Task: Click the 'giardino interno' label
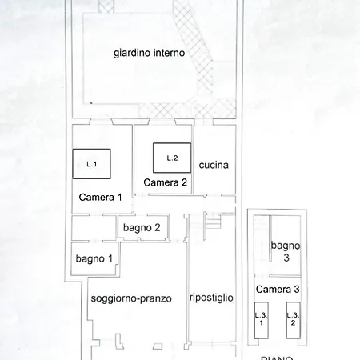[150, 54]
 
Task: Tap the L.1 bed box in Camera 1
[90, 164]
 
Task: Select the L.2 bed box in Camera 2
[171, 158]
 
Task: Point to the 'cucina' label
[214, 166]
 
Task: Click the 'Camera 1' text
[100, 197]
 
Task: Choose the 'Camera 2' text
[166, 182]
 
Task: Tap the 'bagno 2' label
[142, 228]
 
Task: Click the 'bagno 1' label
[94, 258]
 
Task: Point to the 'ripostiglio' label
[211, 298]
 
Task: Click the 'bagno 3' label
[285, 251]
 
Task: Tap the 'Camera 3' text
[278, 289]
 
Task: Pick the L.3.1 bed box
[260, 318]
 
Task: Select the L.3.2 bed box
[293, 318]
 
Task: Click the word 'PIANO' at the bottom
[277, 356]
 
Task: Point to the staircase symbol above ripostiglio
[212, 225]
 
